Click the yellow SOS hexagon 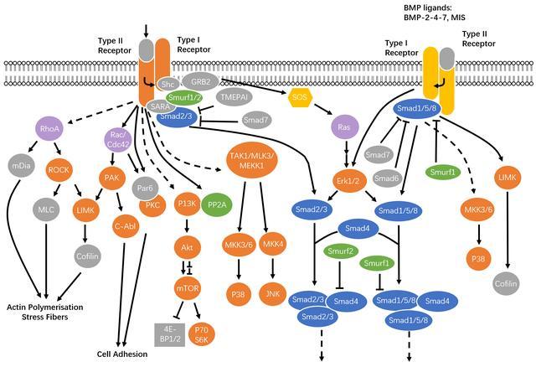click(301, 98)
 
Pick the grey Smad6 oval click(387, 178)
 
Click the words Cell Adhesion click(123, 354)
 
